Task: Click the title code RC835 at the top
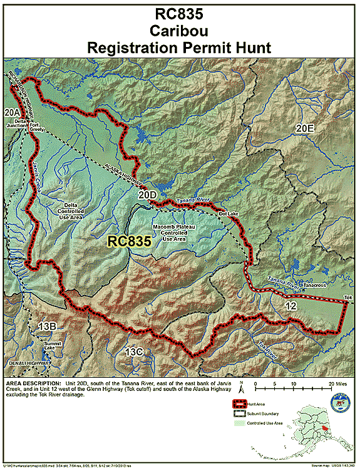click(x=179, y=15)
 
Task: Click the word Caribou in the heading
click(x=179, y=31)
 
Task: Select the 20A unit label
click(x=11, y=112)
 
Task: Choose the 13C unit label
click(x=135, y=352)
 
